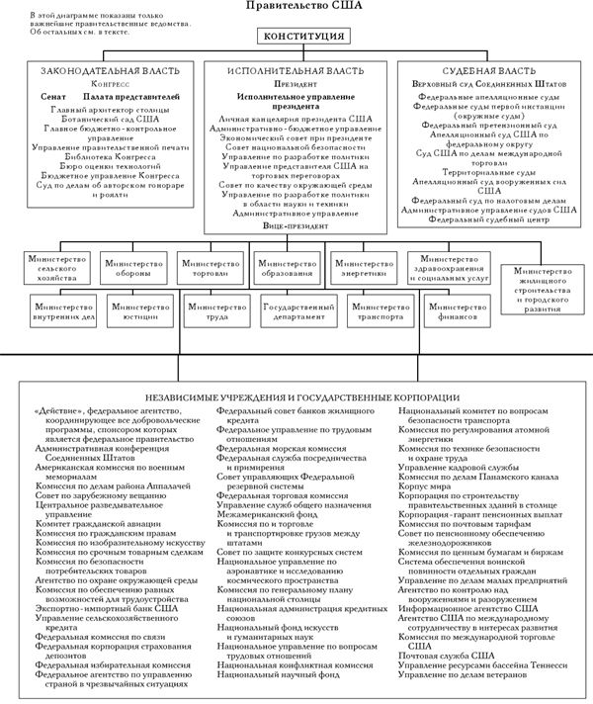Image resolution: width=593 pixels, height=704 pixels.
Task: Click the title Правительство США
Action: point(296,7)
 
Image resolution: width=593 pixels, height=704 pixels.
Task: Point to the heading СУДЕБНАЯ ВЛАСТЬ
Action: point(483,73)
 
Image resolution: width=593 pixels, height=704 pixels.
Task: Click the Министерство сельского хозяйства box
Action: point(55,270)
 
